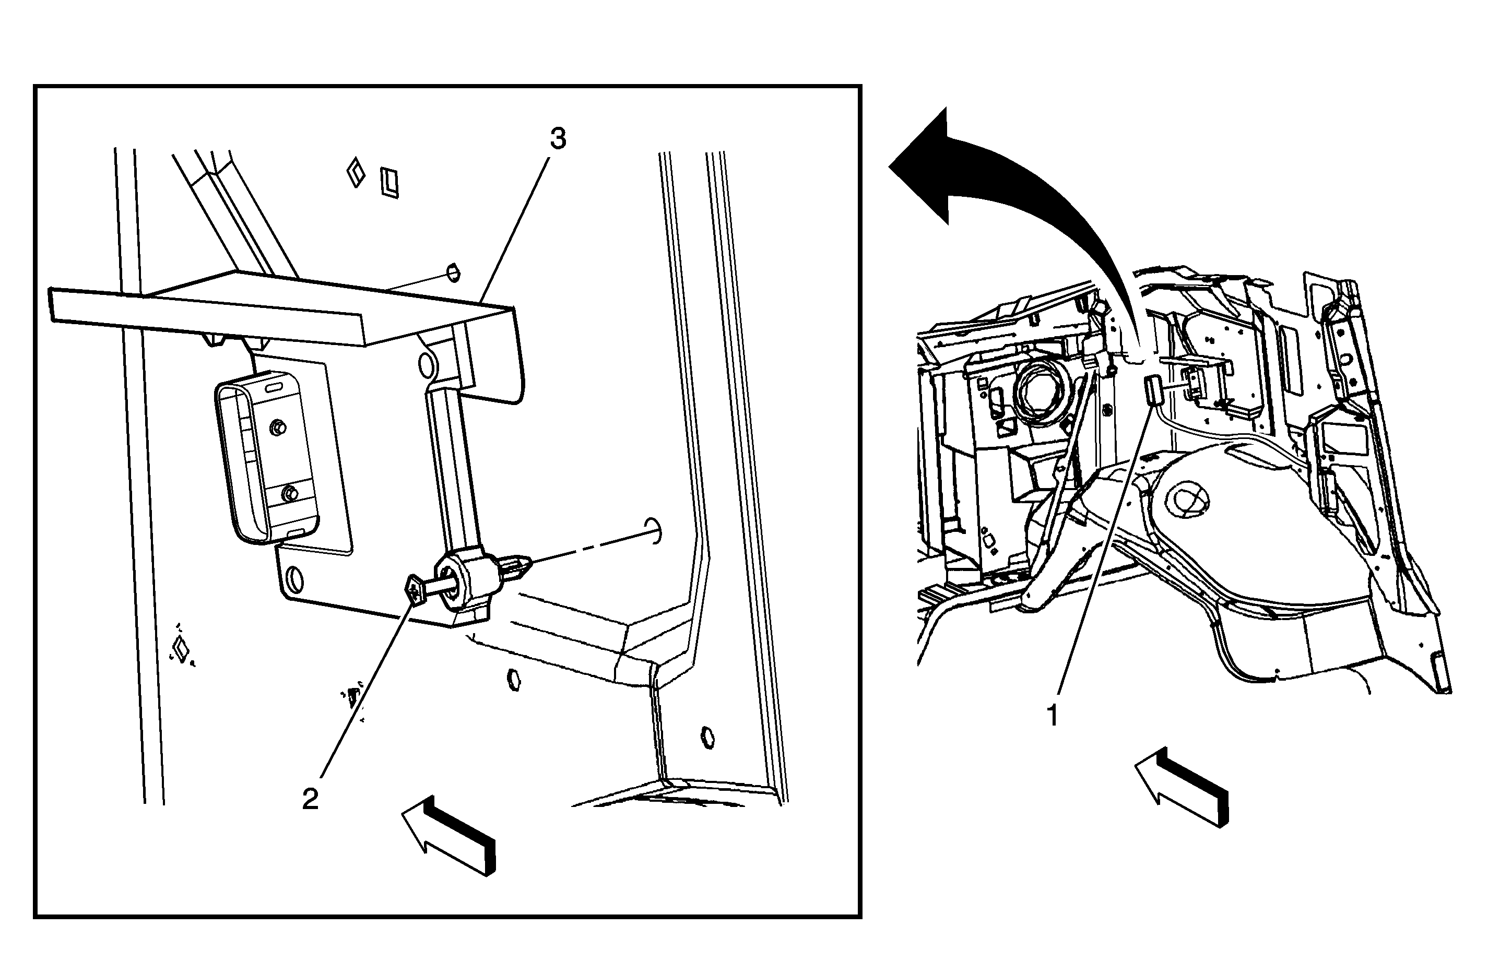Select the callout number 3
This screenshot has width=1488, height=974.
pyautogui.click(x=558, y=139)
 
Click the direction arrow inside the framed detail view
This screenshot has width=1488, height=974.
pyautogui.click(x=449, y=835)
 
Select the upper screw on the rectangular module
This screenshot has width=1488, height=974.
pyautogui.click(x=277, y=427)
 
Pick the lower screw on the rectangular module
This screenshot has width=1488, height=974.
pyautogui.click(x=289, y=493)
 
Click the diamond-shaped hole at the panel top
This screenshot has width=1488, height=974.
pyautogui.click(x=356, y=172)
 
